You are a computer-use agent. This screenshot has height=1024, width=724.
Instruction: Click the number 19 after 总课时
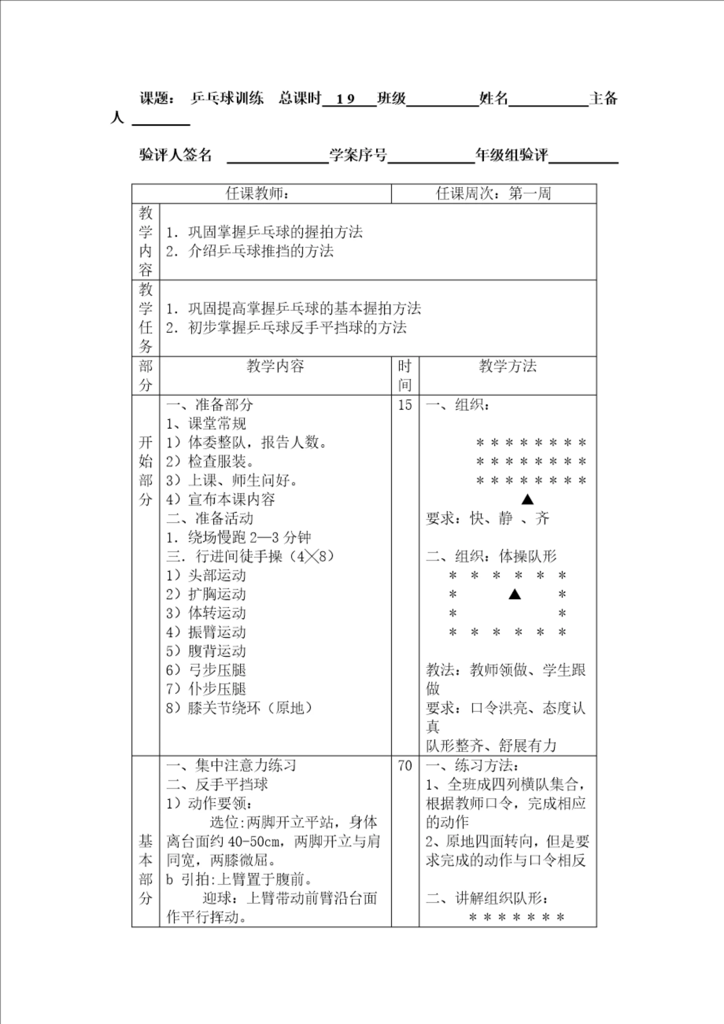[x=345, y=99]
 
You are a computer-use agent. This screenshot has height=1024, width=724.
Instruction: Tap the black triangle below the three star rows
[x=528, y=499]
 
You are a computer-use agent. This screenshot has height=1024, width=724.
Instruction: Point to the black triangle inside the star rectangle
[x=515, y=594]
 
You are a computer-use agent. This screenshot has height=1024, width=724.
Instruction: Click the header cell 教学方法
[x=508, y=366]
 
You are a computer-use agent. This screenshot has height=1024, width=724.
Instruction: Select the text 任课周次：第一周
[x=493, y=194]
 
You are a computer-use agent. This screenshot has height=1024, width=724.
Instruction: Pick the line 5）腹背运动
[x=206, y=651]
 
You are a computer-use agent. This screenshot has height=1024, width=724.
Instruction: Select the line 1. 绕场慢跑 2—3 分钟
[x=238, y=537]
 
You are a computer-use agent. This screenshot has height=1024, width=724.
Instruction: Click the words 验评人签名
[x=175, y=155]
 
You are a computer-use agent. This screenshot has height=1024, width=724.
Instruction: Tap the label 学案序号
[x=358, y=155]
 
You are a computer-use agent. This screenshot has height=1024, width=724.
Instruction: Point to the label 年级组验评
[x=512, y=155]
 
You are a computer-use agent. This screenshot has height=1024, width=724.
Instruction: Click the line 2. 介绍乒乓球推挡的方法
[x=250, y=251]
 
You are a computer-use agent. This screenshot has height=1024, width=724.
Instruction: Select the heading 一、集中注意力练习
[x=231, y=765]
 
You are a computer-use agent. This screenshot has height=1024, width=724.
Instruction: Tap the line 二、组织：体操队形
[x=491, y=556]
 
